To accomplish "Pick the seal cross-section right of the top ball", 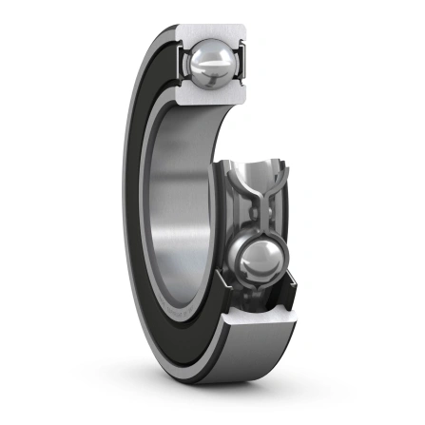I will point(241,67).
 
